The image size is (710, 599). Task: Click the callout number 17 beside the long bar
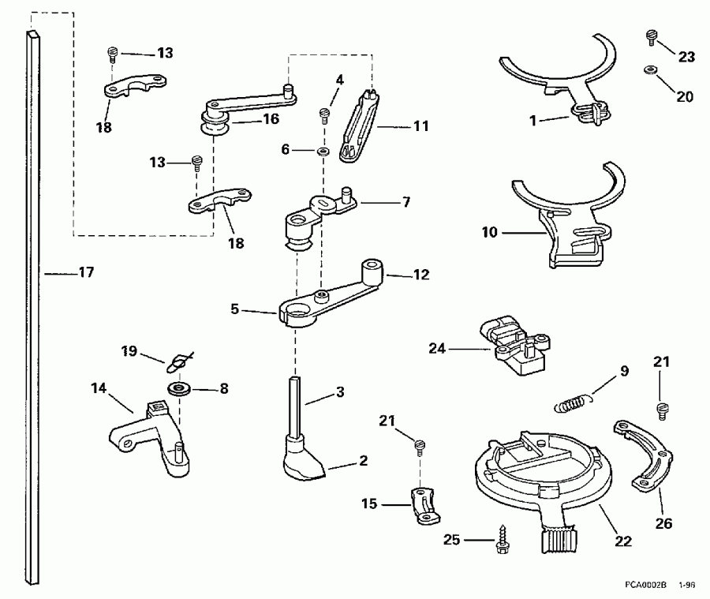[85, 272]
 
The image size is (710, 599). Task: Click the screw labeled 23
[651, 36]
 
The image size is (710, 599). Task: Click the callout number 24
[438, 347]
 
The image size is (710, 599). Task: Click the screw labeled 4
[324, 116]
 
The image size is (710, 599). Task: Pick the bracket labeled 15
[424, 507]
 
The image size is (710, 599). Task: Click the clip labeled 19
[177, 363]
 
